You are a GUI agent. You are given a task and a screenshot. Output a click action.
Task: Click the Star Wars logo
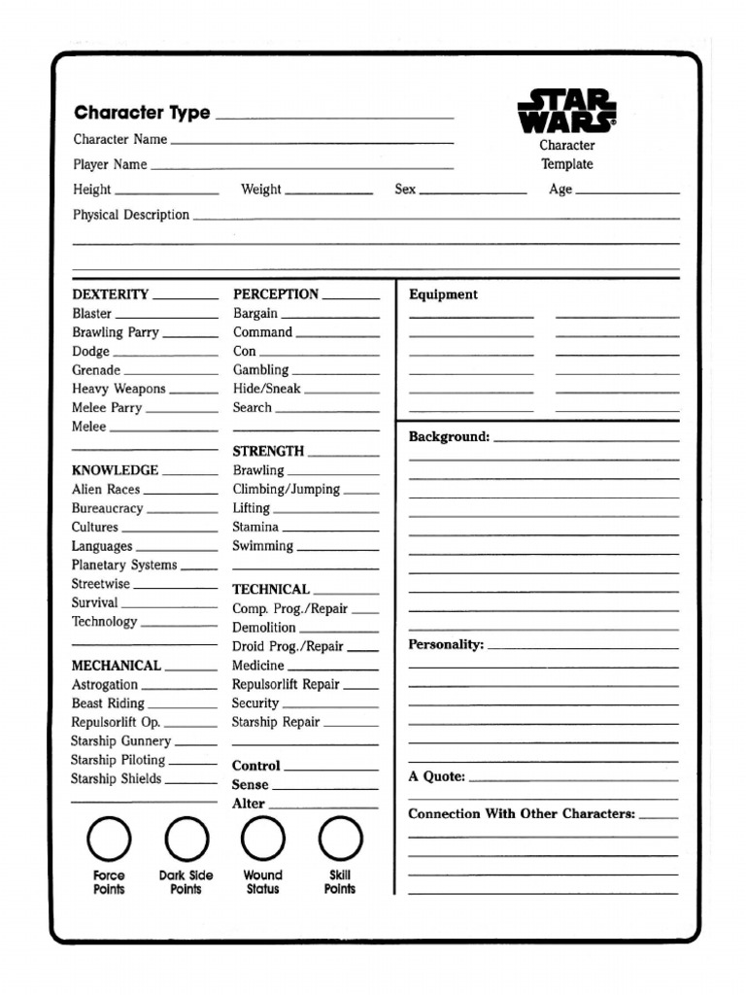[x=566, y=112]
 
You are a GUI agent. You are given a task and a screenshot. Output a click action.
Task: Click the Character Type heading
[x=142, y=113]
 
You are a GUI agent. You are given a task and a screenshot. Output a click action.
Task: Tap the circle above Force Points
[x=109, y=839]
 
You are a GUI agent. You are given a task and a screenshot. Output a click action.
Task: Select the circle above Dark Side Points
[x=186, y=839]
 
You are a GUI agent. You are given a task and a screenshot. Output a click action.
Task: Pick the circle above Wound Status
[x=262, y=839]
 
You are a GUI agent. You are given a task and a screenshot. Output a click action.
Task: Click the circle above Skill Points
[x=340, y=839]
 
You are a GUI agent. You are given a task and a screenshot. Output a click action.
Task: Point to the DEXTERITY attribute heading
[x=110, y=294]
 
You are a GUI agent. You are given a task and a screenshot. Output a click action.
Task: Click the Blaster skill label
[x=91, y=314]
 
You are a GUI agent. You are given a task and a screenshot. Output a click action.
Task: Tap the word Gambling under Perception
[x=260, y=370]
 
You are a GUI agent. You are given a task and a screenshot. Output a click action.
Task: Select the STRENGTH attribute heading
[x=268, y=452]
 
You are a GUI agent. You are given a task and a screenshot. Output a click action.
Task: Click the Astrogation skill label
[x=105, y=685]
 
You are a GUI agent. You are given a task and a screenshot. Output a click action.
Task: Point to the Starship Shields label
[x=116, y=779]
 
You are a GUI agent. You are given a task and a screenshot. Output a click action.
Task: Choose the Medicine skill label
[x=257, y=666]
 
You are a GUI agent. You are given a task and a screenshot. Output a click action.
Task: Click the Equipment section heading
[x=443, y=295]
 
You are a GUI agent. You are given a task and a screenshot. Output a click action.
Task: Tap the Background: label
[x=449, y=437]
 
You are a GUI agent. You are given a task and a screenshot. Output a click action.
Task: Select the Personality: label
[x=446, y=645]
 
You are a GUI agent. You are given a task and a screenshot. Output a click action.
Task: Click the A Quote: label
[x=436, y=777]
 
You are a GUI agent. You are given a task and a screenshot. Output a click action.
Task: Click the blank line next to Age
[x=627, y=191]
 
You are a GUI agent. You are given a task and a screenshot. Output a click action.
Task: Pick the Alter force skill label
[x=248, y=804]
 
